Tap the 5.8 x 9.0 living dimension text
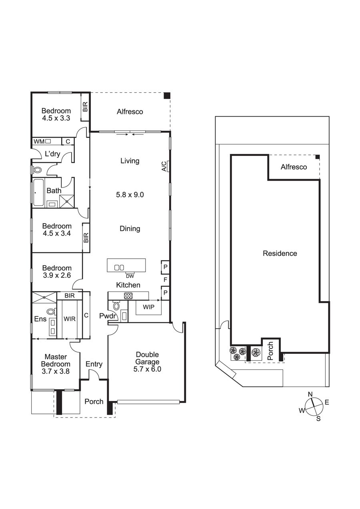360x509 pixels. tap(130, 195)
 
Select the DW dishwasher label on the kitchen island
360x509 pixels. tap(130, 276)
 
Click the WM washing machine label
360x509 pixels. tap(39, 141)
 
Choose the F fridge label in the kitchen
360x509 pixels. tap(165, 279)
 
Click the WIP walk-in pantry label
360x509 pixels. tap(148, 307)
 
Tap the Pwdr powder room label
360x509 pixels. tap(108, 315)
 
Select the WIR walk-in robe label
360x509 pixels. tap(69, 319)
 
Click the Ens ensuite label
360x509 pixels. tap(40, 319)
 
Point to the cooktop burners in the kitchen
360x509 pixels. tap(128, 295)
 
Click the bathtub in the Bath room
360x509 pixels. tap(38, 193)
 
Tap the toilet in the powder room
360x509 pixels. tap(116, 306)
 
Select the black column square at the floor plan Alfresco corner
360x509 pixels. tap(167, 96)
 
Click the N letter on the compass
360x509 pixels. tap(310, 394)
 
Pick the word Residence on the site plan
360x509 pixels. tap(280, 254)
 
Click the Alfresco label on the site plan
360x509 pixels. tap(294, 167)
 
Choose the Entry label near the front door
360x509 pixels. tap(94, 364)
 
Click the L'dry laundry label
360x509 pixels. tap(52, 154)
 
